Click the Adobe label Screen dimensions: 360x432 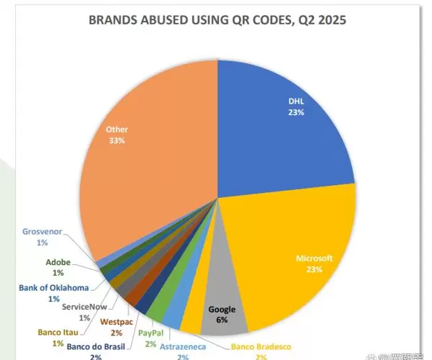(x=58, y=263)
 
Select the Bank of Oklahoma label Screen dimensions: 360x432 (x=53, y=288)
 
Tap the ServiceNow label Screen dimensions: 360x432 (x=86, y=307)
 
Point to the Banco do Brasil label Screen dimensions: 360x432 (x=95, y=346)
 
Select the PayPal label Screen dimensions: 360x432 (x=150, y=333)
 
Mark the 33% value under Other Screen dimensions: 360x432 (x=117, y=141)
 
